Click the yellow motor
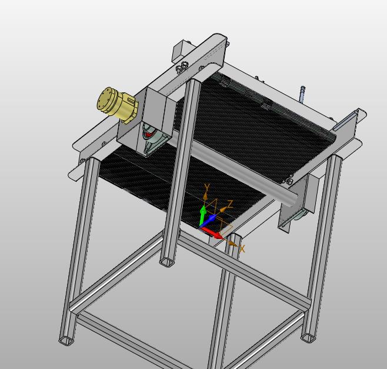click(x=116, y=105)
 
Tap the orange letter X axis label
click(x=242, y=249)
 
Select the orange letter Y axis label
click(x=207, y=188)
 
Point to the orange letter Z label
click(x=230, y=204)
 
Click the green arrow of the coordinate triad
click(x=203, y=215)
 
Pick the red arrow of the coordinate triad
click(x=212, y=233)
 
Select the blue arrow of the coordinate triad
click(x=209, y=220)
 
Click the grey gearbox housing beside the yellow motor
click(x=146, y=121)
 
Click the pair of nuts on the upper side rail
click(x=181, y=67)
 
